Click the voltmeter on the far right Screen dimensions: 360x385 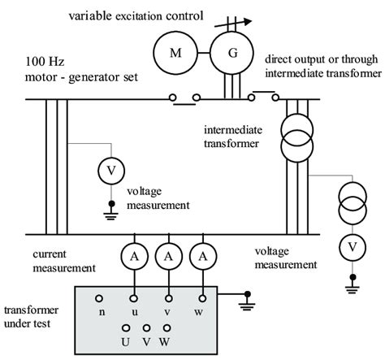coord(351,245)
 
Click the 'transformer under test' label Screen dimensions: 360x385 coord(31,316)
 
